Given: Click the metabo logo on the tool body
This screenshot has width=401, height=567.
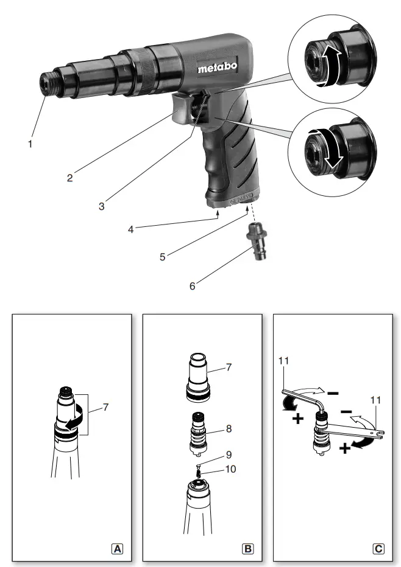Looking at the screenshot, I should pos(217,68).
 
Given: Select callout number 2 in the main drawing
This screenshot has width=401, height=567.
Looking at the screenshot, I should pos(71,178).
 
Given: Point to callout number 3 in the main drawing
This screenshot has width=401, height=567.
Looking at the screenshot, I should pos(102,206).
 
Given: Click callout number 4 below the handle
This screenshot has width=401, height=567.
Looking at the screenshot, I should pos(130,229).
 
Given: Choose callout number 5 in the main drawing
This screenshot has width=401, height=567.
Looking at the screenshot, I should pos(163,256).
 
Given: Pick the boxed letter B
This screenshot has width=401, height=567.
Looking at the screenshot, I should pos(248,549).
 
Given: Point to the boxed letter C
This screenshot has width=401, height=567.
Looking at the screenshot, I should pos(378,549).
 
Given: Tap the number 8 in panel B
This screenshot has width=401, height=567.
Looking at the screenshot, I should pos(229,428).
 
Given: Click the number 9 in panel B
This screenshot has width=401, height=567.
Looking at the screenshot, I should pos(229,454).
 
